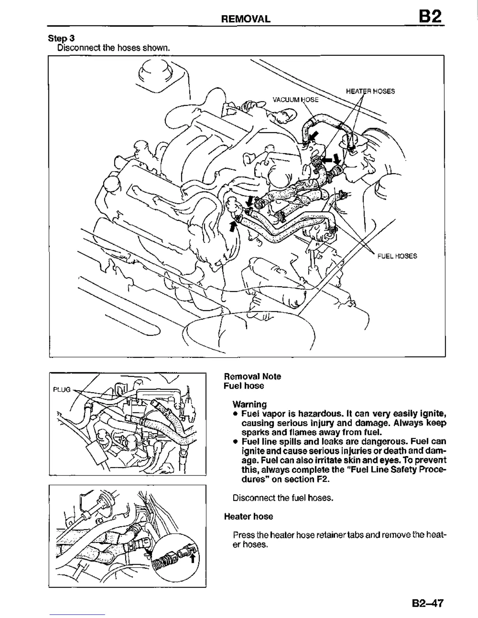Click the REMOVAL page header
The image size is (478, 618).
[245, 19]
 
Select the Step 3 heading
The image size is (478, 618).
[61, 38]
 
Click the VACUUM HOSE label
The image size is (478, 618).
[295, 99]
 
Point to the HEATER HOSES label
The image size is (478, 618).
[370, 91]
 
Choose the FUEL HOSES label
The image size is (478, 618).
[397, 256]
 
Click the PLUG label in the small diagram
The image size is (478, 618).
[62, 390]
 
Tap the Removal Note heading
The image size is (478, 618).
[252, 376]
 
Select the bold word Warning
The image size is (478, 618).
[250, 404]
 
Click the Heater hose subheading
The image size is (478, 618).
[248, 517]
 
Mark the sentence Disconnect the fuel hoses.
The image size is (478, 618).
[283, 498]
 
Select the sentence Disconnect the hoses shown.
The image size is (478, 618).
[114, 48]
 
